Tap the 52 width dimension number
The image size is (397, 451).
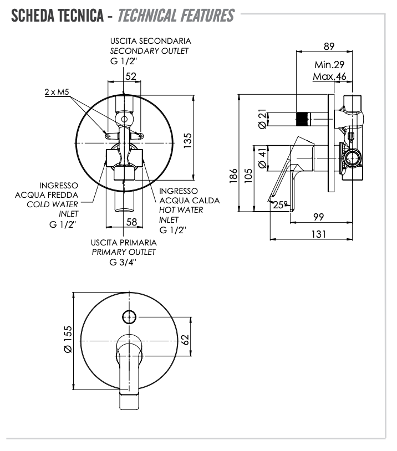click(x=131, y=76)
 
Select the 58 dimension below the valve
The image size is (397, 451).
click(x=132, y=222)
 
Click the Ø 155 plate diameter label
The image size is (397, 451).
click(x=68, y=339)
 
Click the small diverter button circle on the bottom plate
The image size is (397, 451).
click(x=129, y=317)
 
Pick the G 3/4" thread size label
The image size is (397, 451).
click(x=123, y=262)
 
